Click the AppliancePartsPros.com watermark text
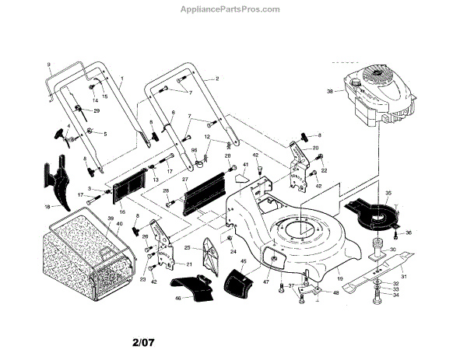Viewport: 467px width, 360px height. (233, 9)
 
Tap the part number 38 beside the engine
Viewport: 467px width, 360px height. (330, 91)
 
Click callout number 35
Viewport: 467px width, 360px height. (389, 194)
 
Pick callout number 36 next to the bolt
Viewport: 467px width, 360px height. (410, 232)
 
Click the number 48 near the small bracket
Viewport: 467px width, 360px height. (336, 293)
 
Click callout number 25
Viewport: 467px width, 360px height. (187, 248)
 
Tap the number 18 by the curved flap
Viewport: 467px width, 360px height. (47, 207)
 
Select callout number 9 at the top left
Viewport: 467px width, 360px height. (48, 64)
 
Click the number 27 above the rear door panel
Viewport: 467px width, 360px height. (185, 180)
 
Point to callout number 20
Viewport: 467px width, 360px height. (315, 148)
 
